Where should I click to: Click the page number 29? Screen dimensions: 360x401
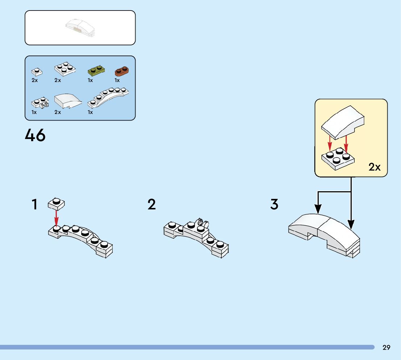point(386,348)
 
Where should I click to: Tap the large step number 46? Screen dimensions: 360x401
point(35,136)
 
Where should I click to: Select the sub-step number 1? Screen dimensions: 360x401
point(34,205)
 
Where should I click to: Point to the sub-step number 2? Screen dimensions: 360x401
point(152,205)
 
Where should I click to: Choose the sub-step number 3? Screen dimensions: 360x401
point(274,205)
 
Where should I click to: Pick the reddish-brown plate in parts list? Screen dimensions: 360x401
point(122,70)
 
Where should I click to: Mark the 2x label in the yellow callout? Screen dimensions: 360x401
point(375,167)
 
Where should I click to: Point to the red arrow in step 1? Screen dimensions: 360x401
point(57,218)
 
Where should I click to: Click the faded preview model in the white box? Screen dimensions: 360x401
point(81,28)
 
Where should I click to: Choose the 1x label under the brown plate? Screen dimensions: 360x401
point(117,80)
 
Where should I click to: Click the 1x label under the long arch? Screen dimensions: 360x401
point(90,112)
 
